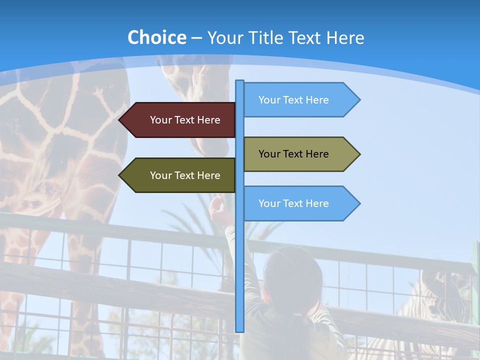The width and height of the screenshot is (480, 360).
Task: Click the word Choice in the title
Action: (x=156, y=37)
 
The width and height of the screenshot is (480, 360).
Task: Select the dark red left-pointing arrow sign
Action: (x=178, y=120)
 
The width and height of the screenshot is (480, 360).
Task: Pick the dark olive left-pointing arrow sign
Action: (x=178, y=175)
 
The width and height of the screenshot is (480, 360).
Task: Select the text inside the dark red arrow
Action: (x=185, y=120)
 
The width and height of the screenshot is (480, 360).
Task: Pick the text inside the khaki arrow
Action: (x=293, y=154)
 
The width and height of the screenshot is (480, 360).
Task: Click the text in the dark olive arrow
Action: (x=185, y=175)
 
